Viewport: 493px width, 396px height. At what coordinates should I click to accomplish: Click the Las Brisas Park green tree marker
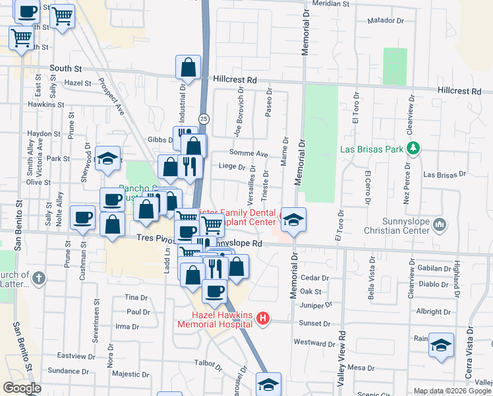pos(413,148)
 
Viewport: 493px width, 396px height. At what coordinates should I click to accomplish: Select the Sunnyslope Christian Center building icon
pos(440,226)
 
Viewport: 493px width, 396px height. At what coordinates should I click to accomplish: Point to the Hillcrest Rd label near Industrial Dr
pos(235,79)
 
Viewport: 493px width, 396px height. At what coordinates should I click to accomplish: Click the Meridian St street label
pos(332,4)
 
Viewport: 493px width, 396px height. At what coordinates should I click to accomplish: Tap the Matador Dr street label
pos(385,21)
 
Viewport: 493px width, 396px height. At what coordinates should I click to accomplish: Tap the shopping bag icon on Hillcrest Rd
pos(188,67)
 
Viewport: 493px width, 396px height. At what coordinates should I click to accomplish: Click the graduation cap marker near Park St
pos(107,158)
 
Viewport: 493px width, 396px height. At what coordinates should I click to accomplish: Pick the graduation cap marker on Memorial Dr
pos(295,219)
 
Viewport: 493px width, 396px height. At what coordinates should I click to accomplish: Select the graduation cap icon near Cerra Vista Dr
pos(441,345)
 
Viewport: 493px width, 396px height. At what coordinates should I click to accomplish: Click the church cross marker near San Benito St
pos(39,278)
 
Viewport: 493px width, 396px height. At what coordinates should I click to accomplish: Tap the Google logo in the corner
pos(22,388)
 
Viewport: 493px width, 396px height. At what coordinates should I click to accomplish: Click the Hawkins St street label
pos(45,104)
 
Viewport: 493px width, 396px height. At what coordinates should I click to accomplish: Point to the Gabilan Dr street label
pos(433,269)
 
